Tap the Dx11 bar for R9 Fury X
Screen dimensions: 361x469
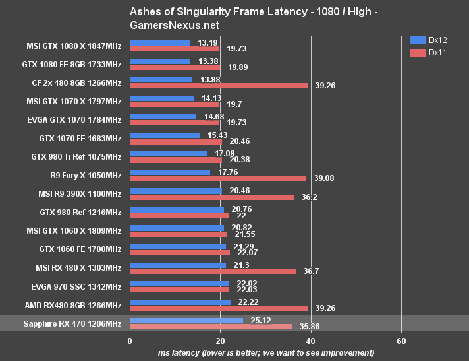pos(218,178)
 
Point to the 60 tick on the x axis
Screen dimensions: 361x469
pos(401,341)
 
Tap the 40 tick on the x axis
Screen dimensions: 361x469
pos(311,341)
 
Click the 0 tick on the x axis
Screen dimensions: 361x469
pos(130,341)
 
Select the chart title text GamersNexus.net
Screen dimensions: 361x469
pos(175,25)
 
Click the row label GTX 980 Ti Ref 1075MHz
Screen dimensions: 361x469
pos(76,156)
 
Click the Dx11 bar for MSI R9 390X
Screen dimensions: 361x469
pos(211,197)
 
